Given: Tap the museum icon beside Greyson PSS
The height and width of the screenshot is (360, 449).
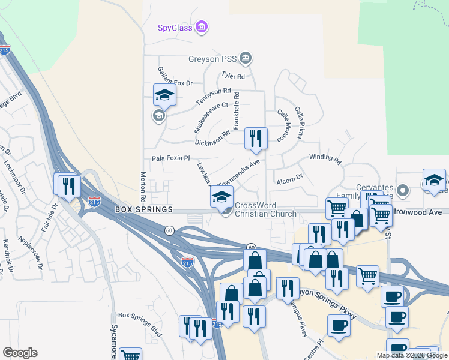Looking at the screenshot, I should point(245,58).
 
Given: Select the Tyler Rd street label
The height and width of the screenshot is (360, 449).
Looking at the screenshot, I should point(233,76).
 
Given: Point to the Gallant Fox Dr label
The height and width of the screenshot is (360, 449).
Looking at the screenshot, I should point(175,78).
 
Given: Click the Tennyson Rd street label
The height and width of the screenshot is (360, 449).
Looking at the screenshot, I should point(213,95).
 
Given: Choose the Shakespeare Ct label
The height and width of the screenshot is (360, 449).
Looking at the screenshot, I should point(212,117).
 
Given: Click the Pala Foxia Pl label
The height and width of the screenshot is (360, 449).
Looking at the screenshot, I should point(170,158).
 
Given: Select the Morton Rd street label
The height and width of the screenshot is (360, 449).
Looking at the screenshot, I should point(143,186).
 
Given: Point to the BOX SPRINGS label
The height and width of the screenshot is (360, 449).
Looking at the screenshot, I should point(144,209).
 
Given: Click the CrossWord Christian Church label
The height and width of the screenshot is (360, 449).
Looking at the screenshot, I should point(265,209).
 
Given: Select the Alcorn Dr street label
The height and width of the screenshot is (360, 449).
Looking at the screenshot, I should point(289,178).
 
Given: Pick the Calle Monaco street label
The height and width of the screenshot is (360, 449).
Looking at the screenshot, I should point(281,125).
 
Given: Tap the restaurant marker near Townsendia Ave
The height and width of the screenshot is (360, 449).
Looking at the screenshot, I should point(256,139).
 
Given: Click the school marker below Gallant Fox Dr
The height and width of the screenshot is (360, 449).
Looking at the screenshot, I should point(164,96).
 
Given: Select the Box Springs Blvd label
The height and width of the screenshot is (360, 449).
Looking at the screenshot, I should point(140,315).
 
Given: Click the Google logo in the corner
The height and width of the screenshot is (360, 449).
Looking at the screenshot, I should point(20,353).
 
